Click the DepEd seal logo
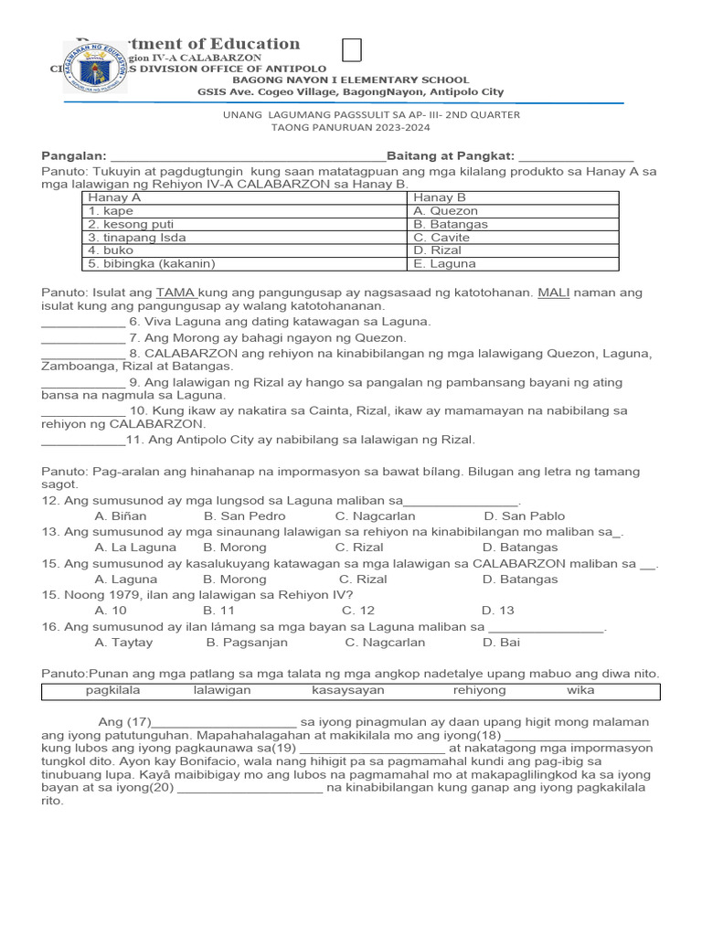pyautogui.click(x=95, y=68)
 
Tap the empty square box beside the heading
pyautogui.click(x=352, y=50)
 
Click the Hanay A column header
pyautogui.click(x=114, y=197)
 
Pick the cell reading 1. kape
pyautogui.click(x=111, y=211)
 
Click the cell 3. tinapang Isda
pyautogui.click(x=136, y=238)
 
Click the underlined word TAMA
pyautogui.click(x=172, y=292)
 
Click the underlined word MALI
pyautogui.click(x=553, y=292)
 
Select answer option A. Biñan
pyautogui.click(x=121, y=516)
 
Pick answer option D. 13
pyautogui.click(x=498, y=611)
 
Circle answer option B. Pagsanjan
pyautogui.click(x=247, y=643)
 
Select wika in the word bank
pyautogui.click(x=580, y=690)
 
